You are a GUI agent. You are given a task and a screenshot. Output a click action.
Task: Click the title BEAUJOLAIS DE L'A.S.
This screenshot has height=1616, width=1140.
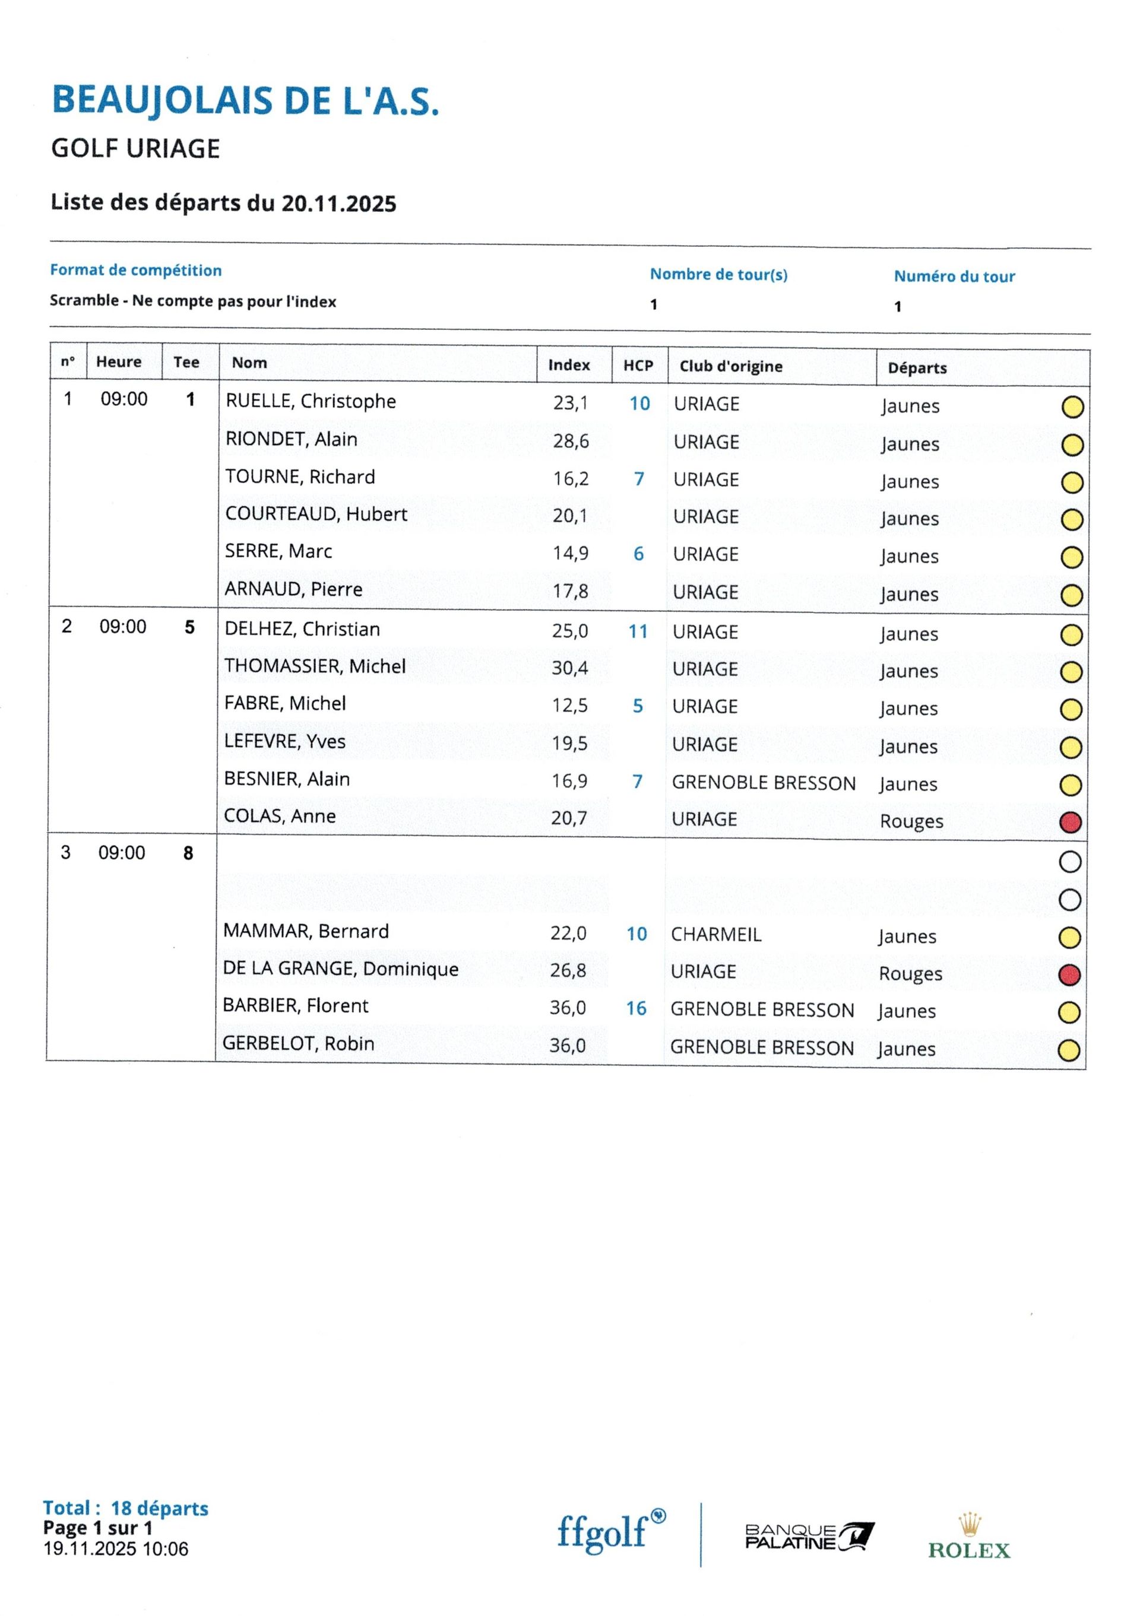pyautogui.click(x=245, y=100)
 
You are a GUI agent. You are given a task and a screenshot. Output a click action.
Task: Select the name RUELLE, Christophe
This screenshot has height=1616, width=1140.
pyautogui.click(x=311, y=401)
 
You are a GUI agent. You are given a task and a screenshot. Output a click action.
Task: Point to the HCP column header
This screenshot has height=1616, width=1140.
pyautogui.click(x=638, y=366)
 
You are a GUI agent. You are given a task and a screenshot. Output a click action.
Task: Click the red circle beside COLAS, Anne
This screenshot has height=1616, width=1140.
pyautogui.click(x=1069, y=822)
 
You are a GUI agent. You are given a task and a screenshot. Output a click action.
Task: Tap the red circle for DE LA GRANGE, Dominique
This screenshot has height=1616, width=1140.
pyautogui.click(x=1069, y=975)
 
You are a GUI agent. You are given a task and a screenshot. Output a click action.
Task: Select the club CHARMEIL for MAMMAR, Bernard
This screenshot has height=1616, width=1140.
pyautogui.click(x=715, y=935)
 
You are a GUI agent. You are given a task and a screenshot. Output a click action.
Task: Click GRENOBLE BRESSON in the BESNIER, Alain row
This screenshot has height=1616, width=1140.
pyautogui.click(x=764, y=783)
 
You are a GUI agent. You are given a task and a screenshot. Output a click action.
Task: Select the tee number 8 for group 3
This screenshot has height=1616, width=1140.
pyautogui.click(x=188, y=853)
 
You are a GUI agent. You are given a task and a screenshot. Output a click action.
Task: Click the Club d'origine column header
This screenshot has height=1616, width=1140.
pyautogui.click(x=731, y=366)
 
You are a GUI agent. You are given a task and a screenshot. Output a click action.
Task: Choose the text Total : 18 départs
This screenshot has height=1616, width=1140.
pyautogui.click(x=125, y=1507)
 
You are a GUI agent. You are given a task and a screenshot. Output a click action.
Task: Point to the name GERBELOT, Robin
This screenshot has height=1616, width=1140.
pyautogui.click(x=298, y=1043)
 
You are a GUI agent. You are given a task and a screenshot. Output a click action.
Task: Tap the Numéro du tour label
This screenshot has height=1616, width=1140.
pyautogui.click(x=954, y=276)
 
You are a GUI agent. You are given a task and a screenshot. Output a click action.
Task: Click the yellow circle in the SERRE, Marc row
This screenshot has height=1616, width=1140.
pyautogui.click(x=1071, y=557)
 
